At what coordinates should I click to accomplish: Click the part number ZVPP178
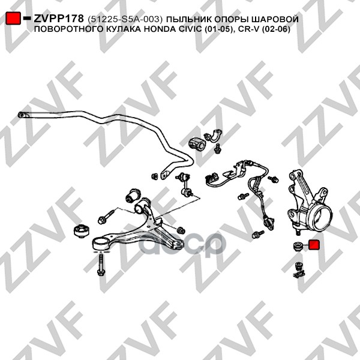click(59, 19)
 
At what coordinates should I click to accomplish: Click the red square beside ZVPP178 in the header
click(13, 19)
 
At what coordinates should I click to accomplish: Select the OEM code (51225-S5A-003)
click(125, 19)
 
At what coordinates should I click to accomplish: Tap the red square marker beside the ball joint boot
click(315, 245)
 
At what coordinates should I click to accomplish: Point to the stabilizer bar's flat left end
click(22, 115)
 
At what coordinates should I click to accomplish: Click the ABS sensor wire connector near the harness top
click(212, 178)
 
